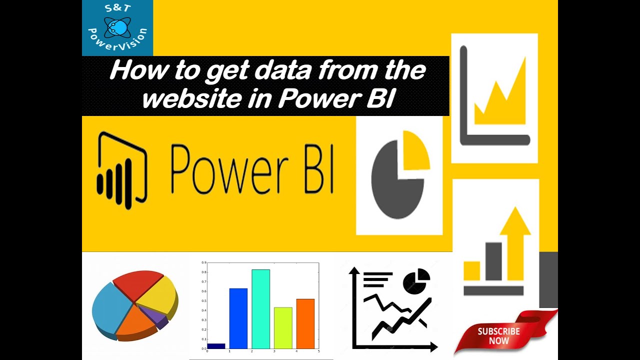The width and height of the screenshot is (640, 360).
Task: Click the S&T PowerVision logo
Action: point(117,27)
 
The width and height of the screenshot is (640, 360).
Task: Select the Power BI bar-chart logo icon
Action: point(121,170)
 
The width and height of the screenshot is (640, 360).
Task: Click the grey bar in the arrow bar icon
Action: point(493,261)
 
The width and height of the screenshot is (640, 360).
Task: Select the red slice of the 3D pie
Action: point(137,283)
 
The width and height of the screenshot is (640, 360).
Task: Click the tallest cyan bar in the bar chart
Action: point(260,308)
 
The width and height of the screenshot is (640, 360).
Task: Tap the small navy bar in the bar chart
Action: point(216,345)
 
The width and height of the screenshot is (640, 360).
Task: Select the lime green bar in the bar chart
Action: point(283,327)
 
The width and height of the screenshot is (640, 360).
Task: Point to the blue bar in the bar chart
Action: point(238,318)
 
